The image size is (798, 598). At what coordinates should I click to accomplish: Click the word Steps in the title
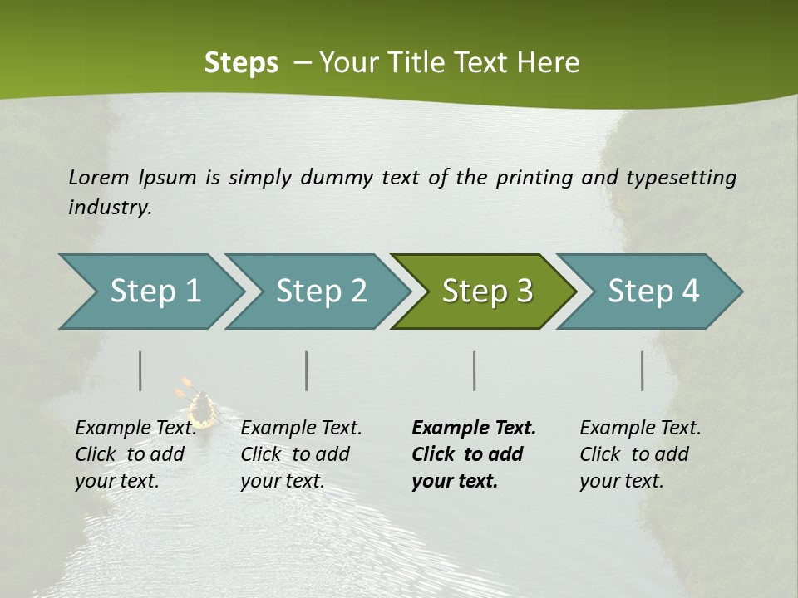(x=241, y=63)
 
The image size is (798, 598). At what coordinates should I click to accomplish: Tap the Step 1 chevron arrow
(x=154, y=292)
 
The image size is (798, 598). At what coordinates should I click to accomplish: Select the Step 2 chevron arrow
(x=320, y=292)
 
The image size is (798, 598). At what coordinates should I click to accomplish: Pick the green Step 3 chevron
(x=486, y=292)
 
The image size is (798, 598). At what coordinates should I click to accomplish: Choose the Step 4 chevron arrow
(x=653, y=292)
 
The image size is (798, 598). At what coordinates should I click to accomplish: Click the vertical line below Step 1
(x=140, y=370)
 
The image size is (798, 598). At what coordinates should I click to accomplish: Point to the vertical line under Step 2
(x=307, y=370)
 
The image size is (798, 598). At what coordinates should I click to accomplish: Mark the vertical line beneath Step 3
(x=475, y=370)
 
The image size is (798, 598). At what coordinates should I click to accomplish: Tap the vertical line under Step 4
(x=643, y=370)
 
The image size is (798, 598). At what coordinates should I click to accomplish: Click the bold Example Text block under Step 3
(x=474, y=454)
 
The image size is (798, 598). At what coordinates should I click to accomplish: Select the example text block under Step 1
(x=135, y=454)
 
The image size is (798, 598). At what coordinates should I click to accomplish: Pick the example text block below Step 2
(x=301, y=454)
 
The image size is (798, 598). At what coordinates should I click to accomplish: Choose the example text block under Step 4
(x=640, y=454)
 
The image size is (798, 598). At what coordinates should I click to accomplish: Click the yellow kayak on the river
(x=201, y=409)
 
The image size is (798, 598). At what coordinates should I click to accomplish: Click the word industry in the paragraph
(x=109, y=208)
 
